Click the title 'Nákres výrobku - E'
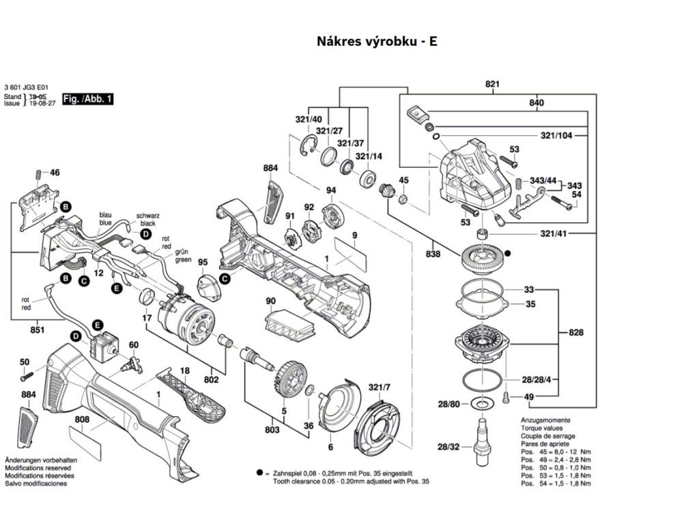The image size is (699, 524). (x=377, y=41)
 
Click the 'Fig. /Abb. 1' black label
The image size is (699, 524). (x=87, y=100)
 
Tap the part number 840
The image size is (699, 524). (x=537, y=103)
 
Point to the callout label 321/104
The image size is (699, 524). (x=556, y=136)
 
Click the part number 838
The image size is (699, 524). (x=432, y=254)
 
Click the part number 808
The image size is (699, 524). (x=82, y=420)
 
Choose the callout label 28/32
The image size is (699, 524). (x=448, y=447)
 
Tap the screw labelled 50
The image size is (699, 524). (x=27, y=375)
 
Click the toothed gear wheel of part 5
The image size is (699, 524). (x=291, y=377)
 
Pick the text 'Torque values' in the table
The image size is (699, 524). (x=539, y=428)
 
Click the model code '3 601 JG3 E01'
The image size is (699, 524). (x=26, y=88)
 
